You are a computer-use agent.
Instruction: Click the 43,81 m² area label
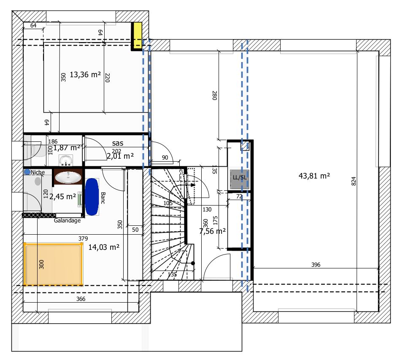point(314,176)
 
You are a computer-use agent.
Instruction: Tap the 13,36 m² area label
point(85,75)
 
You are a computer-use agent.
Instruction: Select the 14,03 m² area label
point(104,247)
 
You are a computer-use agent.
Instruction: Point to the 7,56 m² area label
point(212,231)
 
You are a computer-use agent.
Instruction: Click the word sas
point(118,143)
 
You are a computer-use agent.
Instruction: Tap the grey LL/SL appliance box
point(240,177)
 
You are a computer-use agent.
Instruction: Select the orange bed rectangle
point(53,264)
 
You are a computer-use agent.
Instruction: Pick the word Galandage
point(67,220)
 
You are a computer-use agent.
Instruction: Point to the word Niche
point(38,172)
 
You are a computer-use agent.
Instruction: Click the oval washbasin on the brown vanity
point(68,177)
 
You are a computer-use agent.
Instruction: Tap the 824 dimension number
point(354,181)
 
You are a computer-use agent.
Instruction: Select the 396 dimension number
point(316,265)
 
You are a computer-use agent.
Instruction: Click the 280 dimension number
point(214,95)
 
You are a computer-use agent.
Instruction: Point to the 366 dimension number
point(81,299)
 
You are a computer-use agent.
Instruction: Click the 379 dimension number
point(83,238)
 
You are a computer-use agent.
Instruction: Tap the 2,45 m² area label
point(62,196)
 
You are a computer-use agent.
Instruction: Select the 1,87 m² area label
point(67,147)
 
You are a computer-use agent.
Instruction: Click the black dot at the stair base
point(193,263)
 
